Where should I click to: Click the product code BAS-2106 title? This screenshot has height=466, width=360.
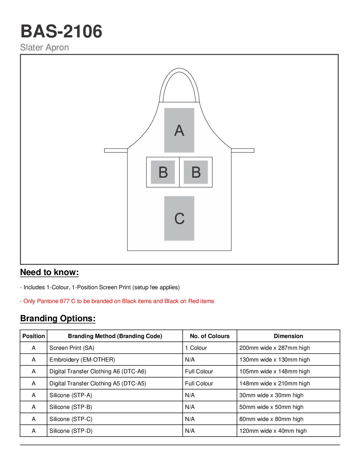(61, 31)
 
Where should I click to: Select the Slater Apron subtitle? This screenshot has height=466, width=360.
(44, 47)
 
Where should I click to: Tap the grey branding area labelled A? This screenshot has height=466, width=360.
(179, 130)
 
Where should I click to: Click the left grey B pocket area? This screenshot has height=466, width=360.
(163, 172)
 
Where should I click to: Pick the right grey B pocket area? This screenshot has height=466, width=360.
(196, 172)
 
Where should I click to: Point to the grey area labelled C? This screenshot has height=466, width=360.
(179, 218)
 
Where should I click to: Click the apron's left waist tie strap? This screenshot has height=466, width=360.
(116, 151)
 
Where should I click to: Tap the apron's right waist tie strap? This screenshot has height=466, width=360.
(243, 151)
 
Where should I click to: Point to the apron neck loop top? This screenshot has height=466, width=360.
(179, 70)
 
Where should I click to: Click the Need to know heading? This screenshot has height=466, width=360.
(49, 272)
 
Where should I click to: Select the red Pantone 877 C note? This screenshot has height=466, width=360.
(117, 301)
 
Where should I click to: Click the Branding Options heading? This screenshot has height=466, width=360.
(58, 319)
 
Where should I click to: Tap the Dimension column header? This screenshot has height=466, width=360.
(288, 336)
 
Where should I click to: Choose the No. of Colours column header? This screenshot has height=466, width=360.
(210, 336)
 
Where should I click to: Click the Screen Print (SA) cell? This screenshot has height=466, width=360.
(72, 348)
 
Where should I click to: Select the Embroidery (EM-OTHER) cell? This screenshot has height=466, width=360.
(82, 360)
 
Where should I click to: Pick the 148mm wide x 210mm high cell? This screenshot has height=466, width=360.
(274, 384)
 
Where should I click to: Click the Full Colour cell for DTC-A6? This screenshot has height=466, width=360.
(199, 372)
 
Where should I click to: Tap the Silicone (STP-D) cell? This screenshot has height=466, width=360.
(71, 431)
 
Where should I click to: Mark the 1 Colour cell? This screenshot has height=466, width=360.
(196, 348)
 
